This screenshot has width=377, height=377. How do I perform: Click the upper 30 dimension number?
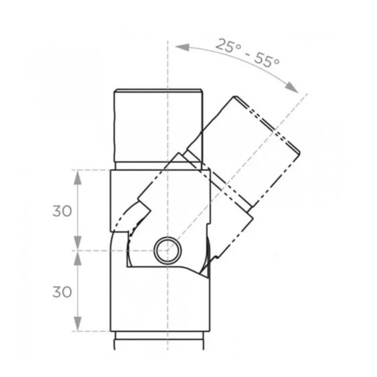tap(62, 211)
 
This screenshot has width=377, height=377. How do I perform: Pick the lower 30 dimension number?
tap(62, 292)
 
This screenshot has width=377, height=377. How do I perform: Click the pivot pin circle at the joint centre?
tap(167, 250)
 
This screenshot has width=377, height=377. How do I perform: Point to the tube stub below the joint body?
tap(158, 340)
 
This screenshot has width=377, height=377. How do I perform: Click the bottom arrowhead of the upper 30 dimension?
tap(78, 244)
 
